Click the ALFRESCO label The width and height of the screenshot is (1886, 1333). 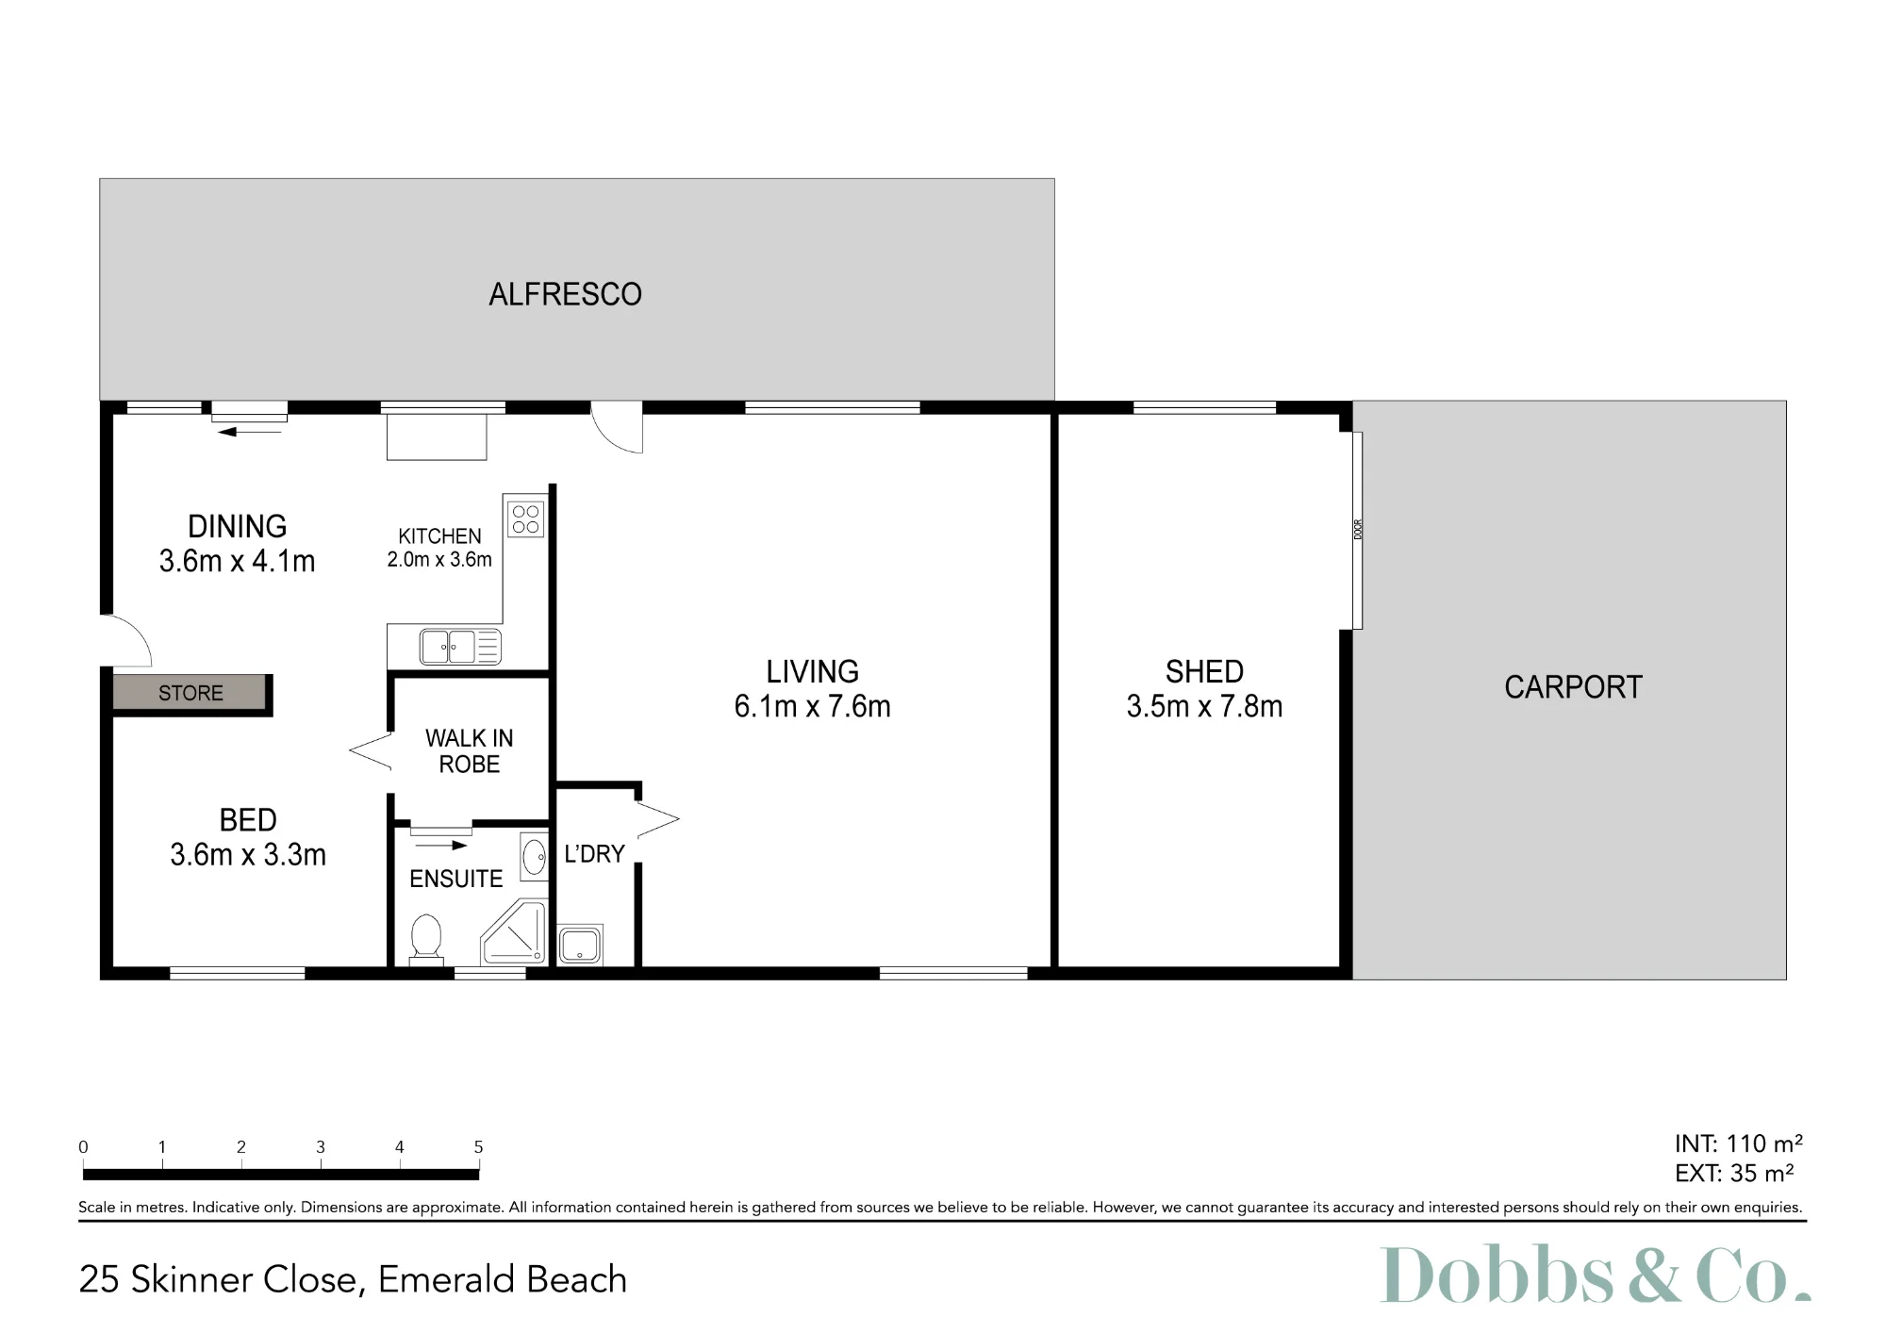565,294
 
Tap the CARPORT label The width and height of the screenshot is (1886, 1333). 1573,687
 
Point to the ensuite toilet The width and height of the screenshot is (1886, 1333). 426,939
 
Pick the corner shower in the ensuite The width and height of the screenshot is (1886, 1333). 514,933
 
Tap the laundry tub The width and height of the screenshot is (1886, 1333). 579,945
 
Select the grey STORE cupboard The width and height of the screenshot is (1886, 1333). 190,693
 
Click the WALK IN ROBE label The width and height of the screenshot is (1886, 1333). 470,751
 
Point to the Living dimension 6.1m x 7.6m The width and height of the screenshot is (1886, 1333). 812,706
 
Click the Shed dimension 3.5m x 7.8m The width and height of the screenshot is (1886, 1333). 1204,706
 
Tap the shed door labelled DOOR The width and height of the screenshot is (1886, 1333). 1357,530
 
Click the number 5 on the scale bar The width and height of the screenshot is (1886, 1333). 478,1147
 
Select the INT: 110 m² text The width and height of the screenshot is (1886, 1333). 1738,1144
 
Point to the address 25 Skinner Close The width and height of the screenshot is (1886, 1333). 219,1279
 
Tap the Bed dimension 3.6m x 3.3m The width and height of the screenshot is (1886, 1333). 248,855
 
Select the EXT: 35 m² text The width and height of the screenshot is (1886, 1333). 1734,1173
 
